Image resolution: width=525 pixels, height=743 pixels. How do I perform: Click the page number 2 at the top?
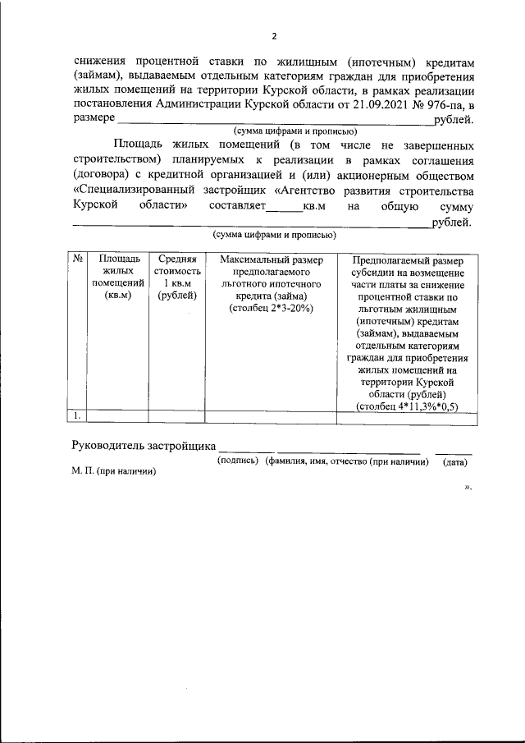[x=276, y=35]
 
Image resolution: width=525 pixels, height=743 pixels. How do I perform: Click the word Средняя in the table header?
[x=176, y=260]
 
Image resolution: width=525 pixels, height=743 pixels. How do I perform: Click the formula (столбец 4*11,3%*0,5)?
[x=407, y=406]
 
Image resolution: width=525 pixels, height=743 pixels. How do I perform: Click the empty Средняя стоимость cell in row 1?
[x=176, y=417]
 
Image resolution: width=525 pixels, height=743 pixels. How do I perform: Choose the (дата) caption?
[x=455, y=462]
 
